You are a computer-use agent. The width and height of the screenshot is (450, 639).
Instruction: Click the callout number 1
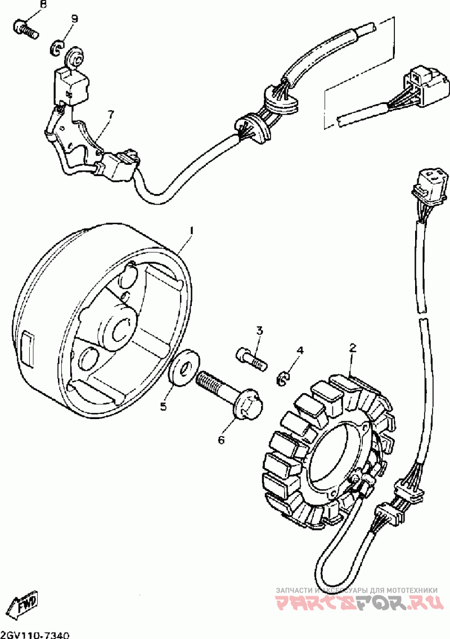click(191, 231)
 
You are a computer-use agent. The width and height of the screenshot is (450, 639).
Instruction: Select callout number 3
click(259, 330)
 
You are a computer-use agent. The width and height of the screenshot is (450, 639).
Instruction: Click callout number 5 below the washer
click(163, 407)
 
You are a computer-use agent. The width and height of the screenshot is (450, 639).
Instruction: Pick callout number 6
click(221, 440)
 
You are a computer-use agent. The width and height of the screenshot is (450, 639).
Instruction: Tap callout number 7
click(110, 114)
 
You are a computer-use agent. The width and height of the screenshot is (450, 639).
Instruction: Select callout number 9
click(74, 19)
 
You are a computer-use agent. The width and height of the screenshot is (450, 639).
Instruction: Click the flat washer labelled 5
click(184, 369)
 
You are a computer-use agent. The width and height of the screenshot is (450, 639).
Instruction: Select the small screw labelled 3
click(250, 358)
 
